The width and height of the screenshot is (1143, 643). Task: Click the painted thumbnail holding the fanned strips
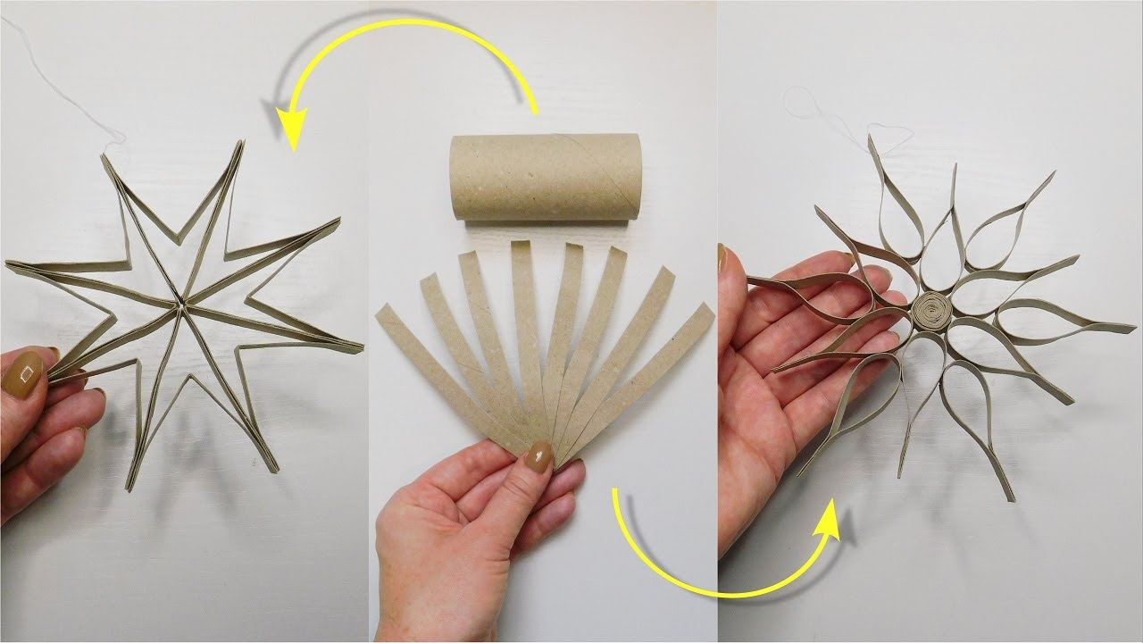(540, 456)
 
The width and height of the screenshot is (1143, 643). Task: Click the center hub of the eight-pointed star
(182, 305)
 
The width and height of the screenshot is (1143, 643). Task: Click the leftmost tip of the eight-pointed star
(9, 264)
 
